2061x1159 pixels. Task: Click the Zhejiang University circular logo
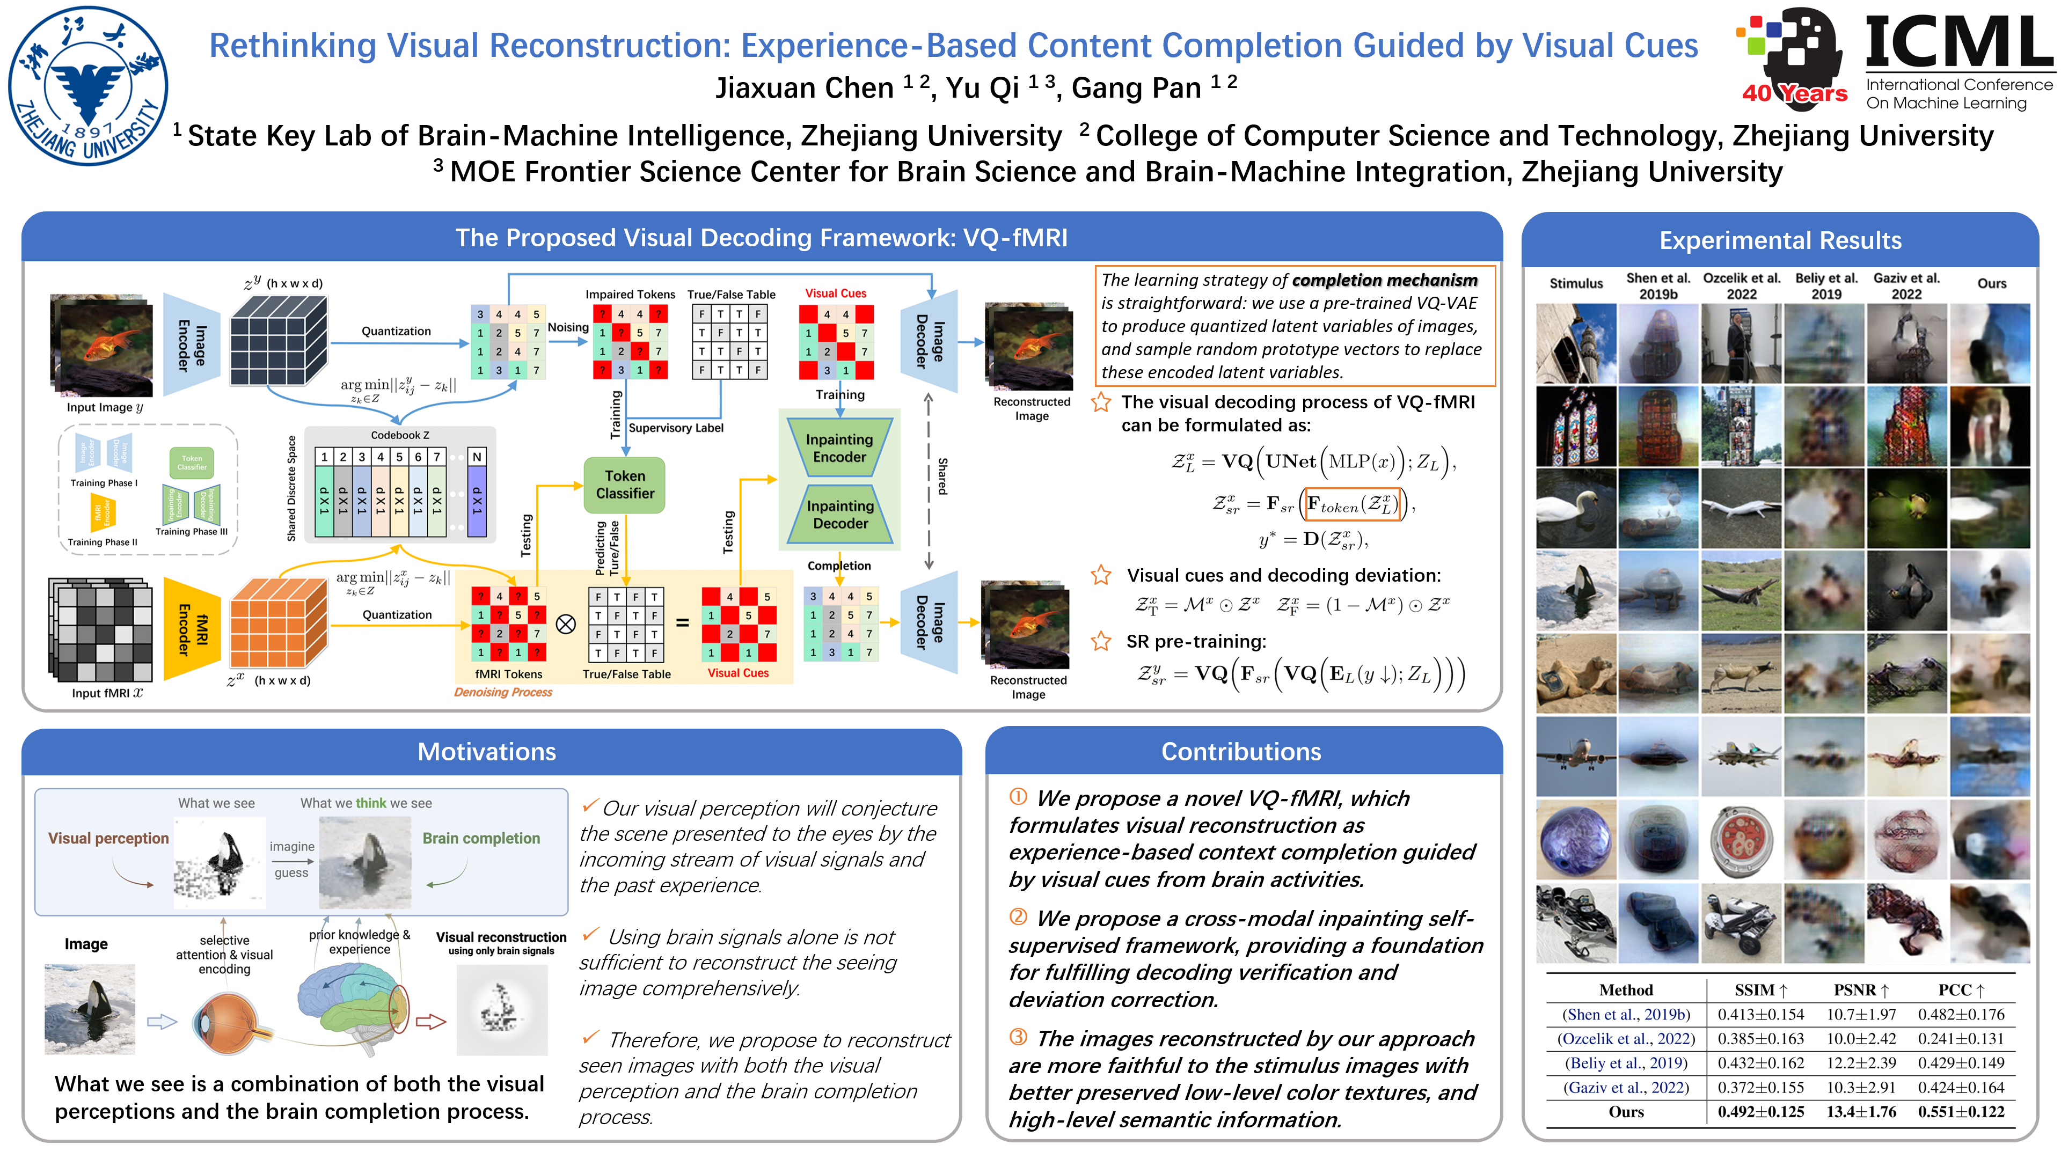[88, 86]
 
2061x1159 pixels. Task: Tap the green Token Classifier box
[624, 485]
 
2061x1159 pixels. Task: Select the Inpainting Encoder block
[839, 448]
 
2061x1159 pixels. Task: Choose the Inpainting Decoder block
[840, 515]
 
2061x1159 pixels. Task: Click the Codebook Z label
[400, 435]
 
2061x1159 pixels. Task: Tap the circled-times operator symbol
[566, 624]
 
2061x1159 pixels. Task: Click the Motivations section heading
[486, 752]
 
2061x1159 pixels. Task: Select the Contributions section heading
[1241, 752]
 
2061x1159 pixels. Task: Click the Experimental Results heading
[1780, 241]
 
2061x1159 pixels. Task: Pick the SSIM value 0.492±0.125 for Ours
[1760, 1112]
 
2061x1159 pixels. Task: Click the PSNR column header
[1861, 990]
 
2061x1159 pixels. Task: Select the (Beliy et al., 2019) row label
[1626, 1063]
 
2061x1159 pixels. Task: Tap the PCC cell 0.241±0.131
[1961, 1039]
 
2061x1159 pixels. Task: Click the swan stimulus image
[1575, 509]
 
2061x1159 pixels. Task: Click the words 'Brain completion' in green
[481, 838]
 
